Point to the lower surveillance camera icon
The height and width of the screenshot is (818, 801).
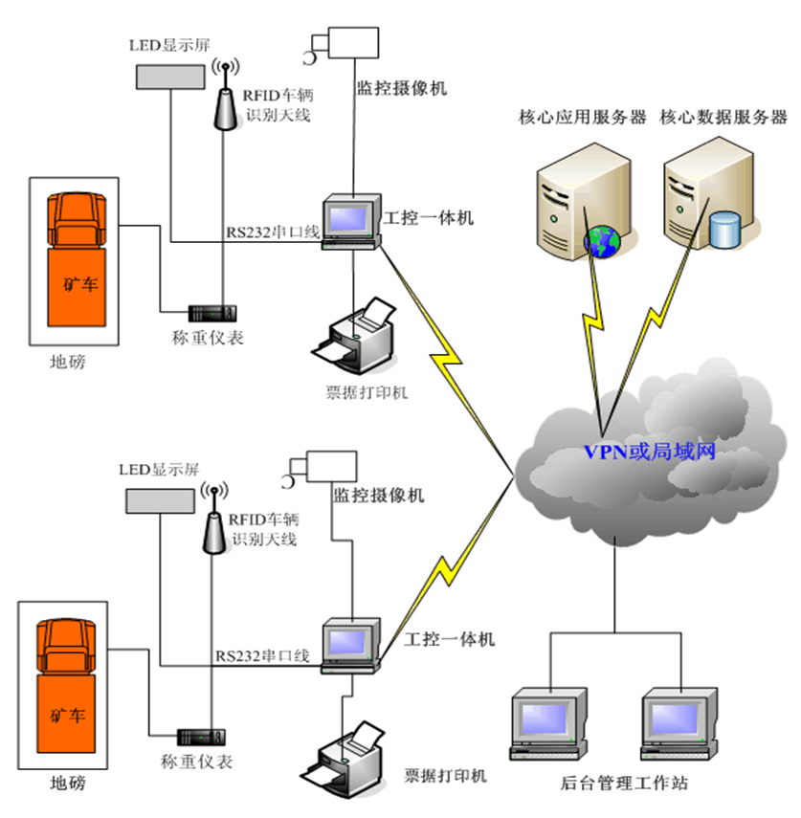(316, 466)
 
